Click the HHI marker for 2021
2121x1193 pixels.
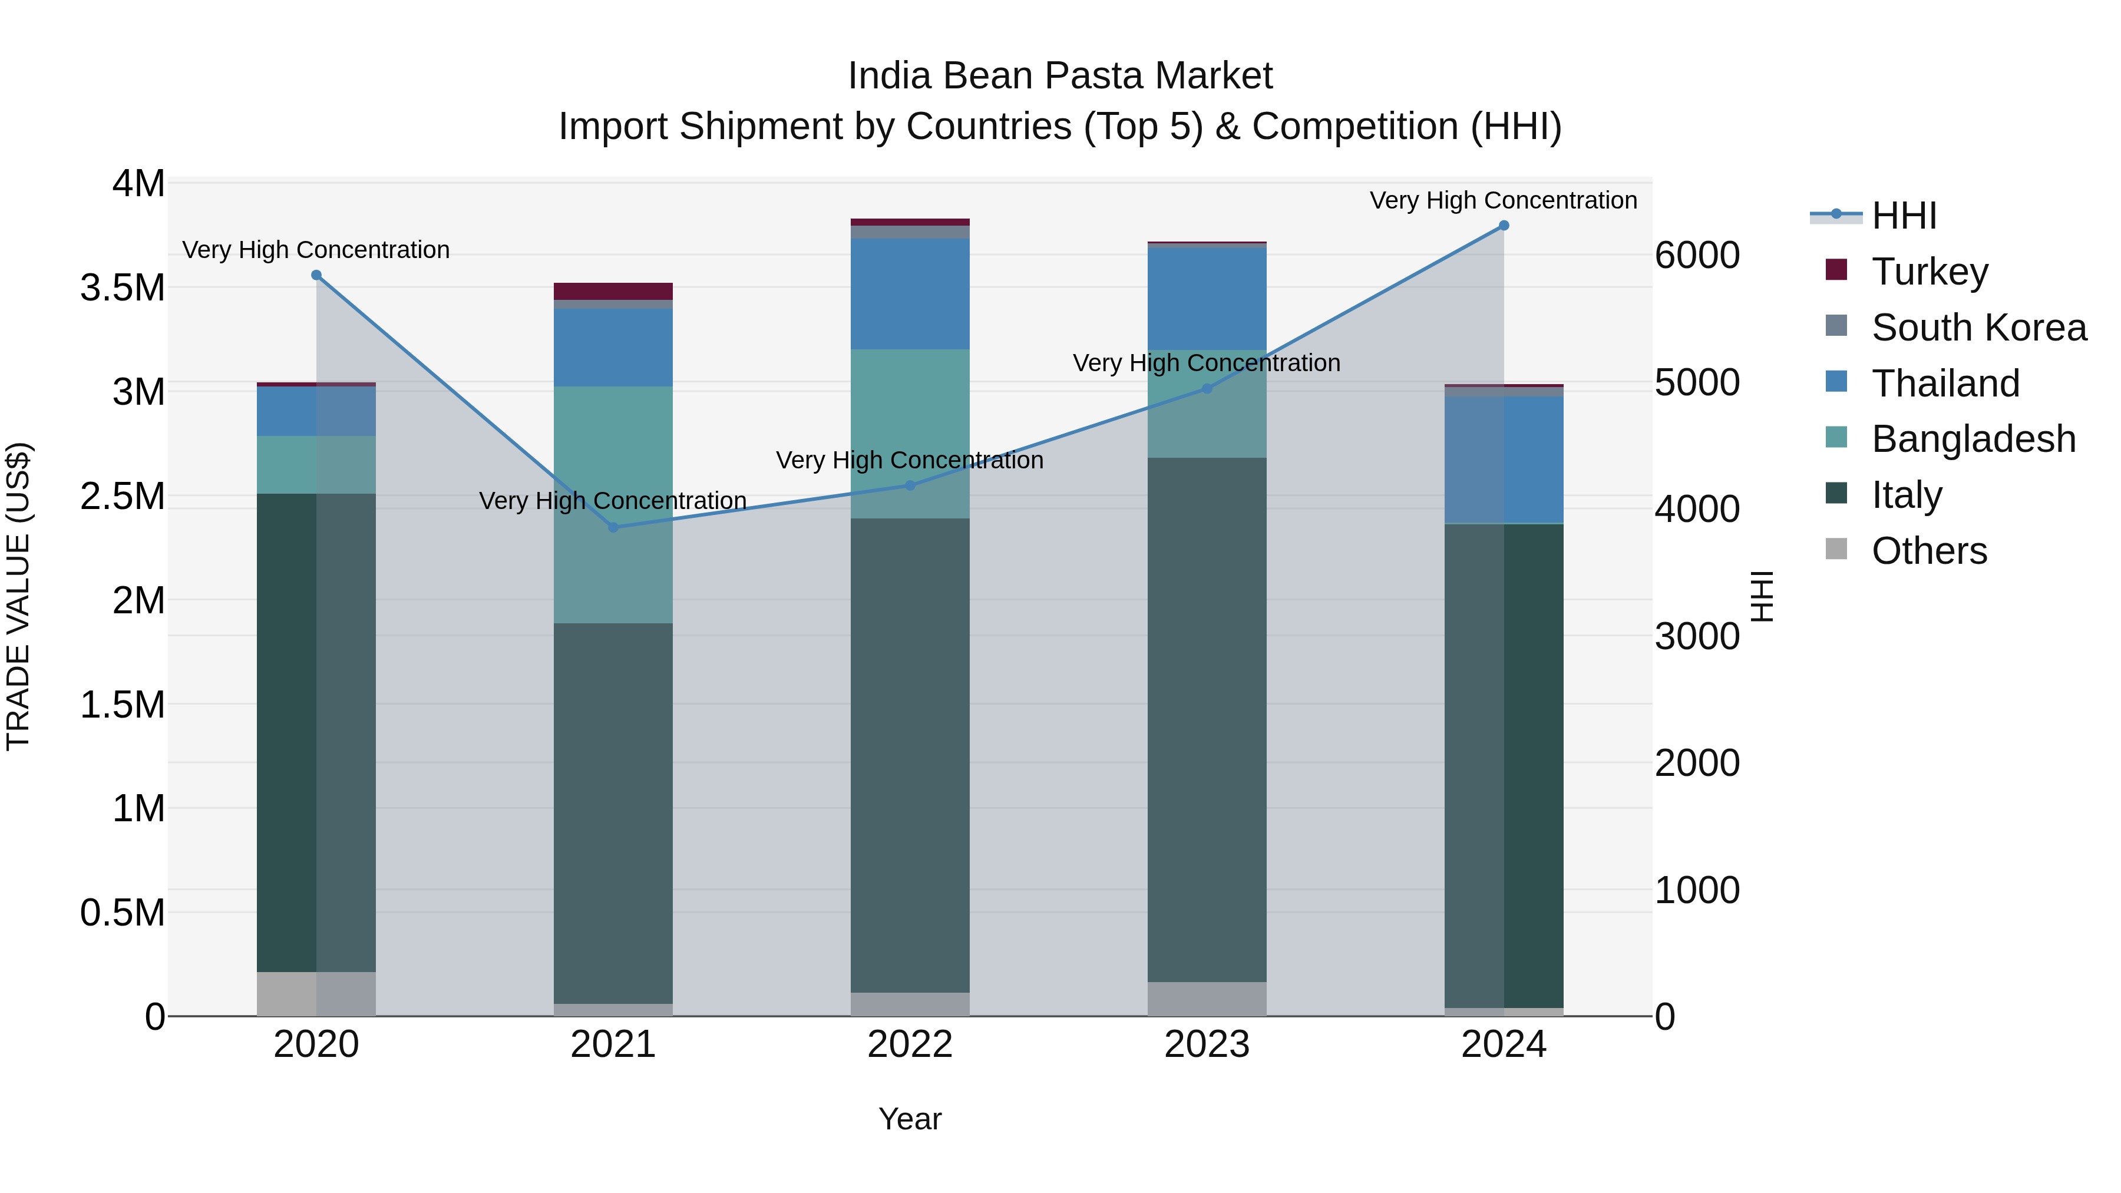[613, 527]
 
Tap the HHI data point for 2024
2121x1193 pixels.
[1504, 226]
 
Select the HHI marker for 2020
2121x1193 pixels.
[316, 275]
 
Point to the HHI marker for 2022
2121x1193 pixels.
[910, 486]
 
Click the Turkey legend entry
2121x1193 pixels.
[1929, 272]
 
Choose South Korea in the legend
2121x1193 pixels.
[1978, 328]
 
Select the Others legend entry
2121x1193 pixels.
[1928, 551]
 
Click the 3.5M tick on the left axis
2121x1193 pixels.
[123, 288]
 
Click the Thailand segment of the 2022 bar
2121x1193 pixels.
[910, 294]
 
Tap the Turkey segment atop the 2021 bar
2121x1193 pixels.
[613, 292]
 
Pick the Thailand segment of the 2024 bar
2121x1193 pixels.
[1504, 460]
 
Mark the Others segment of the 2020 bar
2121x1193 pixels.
[316, 994]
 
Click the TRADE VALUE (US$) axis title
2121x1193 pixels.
[18, 596]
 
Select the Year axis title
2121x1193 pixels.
[910, 1119]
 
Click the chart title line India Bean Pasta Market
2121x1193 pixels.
[1060, 76]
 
